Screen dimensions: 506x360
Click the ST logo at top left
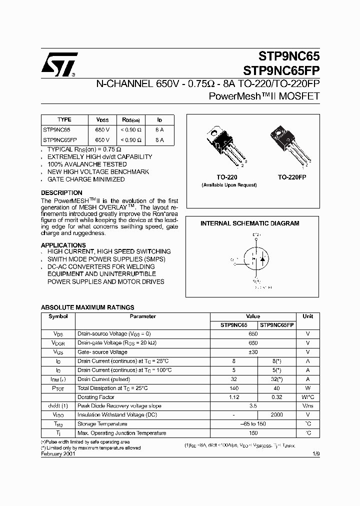[59, 64]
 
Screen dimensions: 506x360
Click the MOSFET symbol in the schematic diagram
[256, 260]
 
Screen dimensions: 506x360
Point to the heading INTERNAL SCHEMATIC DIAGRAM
[249, 223]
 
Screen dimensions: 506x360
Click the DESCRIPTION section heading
[61, 193]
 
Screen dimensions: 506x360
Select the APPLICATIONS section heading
[63, 245]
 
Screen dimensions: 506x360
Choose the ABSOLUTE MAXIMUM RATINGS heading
[87, 307]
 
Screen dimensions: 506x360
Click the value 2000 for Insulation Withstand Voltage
[276, 415]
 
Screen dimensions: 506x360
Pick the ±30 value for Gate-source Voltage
[253, 352]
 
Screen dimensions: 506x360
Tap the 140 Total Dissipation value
[233, 388]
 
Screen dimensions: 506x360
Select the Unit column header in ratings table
[307, 316]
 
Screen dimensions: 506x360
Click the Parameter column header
[143, 316]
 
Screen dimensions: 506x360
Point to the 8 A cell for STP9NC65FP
[160, 140]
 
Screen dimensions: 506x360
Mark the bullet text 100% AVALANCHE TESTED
[87, 164]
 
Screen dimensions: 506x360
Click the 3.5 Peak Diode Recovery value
[253, 406]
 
